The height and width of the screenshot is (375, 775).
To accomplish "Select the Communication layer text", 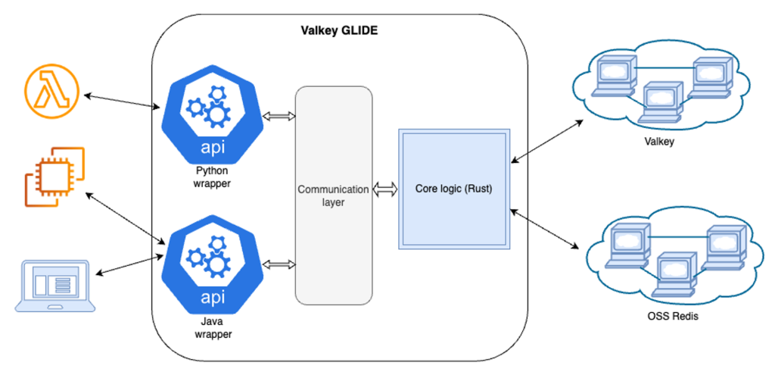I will pos(333,195).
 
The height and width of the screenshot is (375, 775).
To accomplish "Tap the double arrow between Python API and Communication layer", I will pos(279,116).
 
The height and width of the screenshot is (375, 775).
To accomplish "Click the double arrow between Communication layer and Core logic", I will pos(385,189).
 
